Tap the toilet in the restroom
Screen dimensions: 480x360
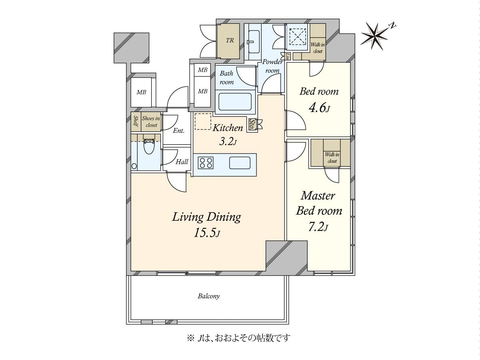coord(149,145)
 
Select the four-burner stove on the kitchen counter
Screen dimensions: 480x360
coord(206,163)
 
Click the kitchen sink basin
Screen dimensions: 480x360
coord(240,163)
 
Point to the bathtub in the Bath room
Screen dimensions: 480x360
coord(235,102)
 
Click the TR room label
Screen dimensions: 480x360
coord(230,40)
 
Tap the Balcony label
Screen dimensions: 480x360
coord(209,296)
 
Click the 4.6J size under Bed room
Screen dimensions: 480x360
coord(319,107)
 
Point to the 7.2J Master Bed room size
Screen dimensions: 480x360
coord(318,227)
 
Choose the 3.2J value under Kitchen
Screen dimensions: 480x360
coord(228,142)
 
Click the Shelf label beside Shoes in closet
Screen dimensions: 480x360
coord(136,121)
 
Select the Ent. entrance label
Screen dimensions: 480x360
coord(179,131)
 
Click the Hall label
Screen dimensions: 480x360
coord(182,162)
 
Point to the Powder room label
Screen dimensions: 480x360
coord(272,66)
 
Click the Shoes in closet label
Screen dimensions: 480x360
coord(151,122)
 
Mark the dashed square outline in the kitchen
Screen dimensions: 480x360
coord(203,121)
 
